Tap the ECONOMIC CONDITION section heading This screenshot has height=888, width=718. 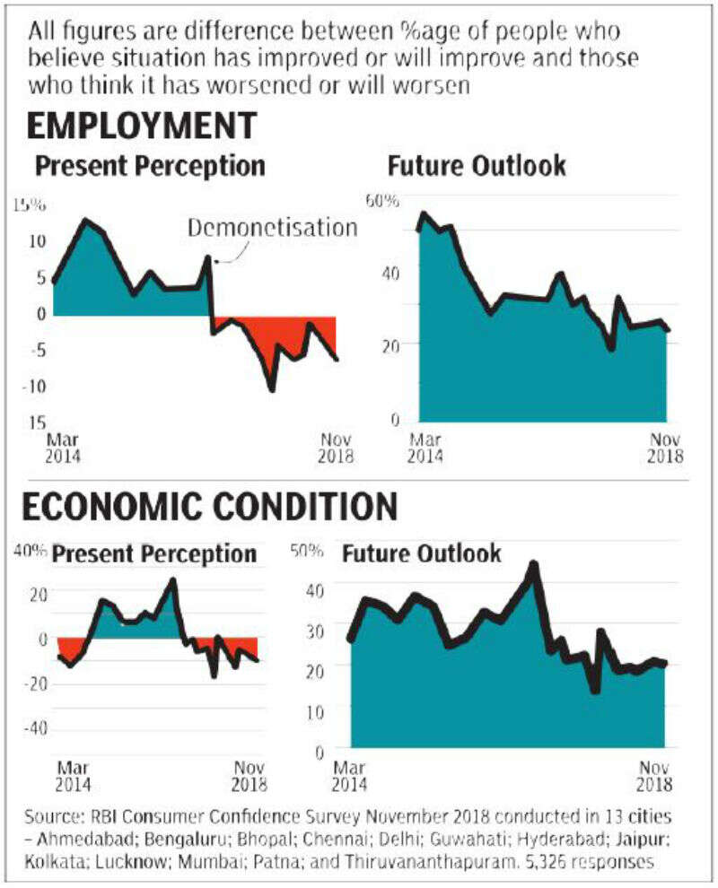pos(209,508)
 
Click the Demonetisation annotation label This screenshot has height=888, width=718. pos(272,228)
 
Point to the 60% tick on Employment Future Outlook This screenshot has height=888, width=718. pos(381,199)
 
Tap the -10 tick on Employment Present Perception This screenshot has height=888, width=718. pos(34,386)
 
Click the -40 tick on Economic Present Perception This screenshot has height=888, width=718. pos(34,728)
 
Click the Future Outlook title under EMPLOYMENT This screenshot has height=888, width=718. pos(477,167)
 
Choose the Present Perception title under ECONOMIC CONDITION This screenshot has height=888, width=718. pos(154,554)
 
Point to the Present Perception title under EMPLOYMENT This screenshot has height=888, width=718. pos(150,167)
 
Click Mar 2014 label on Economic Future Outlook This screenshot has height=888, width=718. pos(351,777)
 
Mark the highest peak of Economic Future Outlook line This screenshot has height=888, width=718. pos(533,565)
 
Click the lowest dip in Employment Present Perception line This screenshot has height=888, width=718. pos(271,387)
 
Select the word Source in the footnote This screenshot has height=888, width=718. pos(53,819)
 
